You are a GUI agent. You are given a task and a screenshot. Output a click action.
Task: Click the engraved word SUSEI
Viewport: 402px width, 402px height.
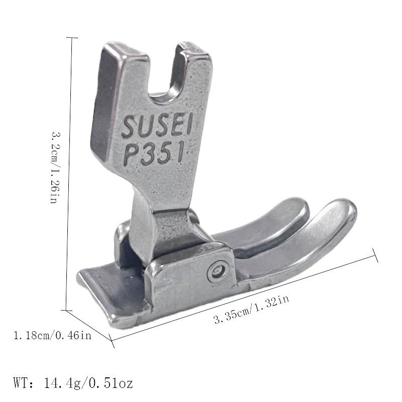click(x=157, y=125)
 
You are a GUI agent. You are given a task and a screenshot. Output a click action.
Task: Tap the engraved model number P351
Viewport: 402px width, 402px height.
click(x=154, y=153)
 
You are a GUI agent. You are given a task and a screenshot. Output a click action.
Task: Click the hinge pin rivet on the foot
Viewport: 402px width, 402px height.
click(x=218, y=271)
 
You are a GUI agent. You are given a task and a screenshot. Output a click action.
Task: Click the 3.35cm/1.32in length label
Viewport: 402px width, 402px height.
click(x=252, y=309)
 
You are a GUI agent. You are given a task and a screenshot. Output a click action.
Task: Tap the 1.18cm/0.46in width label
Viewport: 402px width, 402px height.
click(x=53, y=336)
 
